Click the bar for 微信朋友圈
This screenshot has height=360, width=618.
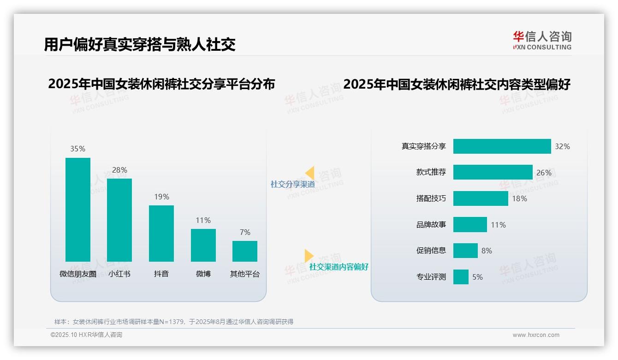78,210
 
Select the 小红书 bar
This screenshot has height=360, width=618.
119,220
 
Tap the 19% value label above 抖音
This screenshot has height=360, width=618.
161,197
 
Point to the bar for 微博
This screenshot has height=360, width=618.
203,245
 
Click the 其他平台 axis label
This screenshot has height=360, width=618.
245,274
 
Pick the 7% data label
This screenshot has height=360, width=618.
245,232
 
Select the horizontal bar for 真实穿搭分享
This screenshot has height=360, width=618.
502,146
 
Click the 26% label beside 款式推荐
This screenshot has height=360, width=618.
544,173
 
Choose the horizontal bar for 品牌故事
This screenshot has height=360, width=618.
470,225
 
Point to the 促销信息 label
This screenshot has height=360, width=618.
431,251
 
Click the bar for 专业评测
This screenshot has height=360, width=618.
461,277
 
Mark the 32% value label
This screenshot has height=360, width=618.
562,146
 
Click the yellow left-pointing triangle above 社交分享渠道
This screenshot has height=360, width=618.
310,173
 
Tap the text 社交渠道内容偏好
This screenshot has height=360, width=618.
339,267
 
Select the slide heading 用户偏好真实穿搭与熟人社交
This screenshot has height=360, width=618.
140,44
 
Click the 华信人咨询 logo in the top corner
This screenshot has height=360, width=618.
542,40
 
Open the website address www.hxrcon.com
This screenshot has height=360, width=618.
535,335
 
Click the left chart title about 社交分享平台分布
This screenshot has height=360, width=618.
161,84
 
